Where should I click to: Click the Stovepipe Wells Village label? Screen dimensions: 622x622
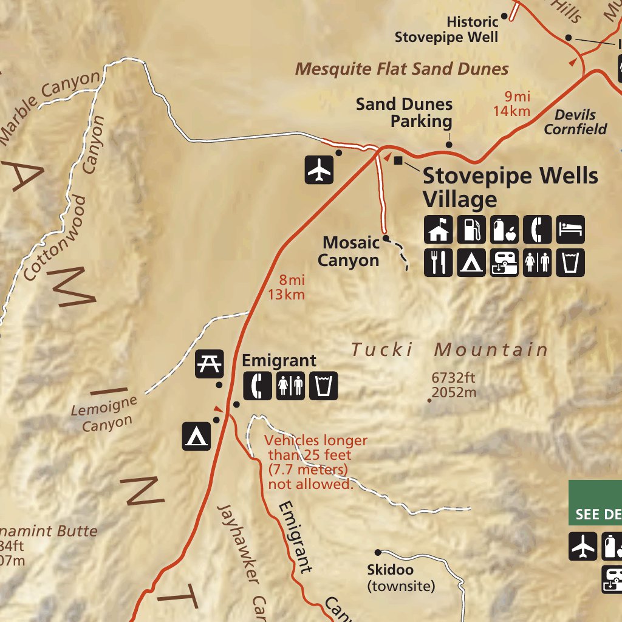(x=510, y=187)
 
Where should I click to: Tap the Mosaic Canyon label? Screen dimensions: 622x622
(x=351, y=251)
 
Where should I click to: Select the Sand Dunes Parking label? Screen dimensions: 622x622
(x=404, y=112)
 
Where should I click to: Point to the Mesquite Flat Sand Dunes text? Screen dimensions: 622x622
(x=402, y=69)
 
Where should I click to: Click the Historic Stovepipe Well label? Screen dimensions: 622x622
(x=446, y=29)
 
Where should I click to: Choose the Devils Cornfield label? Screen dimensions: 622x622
(x=575, y=121)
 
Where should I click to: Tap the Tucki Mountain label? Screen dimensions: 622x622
(x=449, y=350)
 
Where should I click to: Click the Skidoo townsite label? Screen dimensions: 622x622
(x=401, y=578)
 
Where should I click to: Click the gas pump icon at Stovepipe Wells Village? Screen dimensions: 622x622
(x=471, y=230)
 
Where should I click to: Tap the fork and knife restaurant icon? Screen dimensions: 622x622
(x=438, y=262)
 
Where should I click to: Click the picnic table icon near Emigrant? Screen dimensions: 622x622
(x=210, y=364)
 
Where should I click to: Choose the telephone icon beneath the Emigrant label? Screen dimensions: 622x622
(x=258, y=386)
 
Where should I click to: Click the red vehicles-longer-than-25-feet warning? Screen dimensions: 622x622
(x=316, y=462)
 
